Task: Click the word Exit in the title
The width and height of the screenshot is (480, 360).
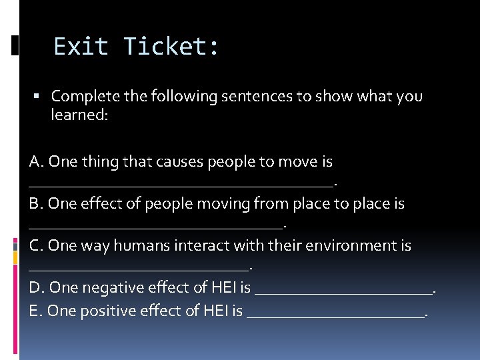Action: (80, 47)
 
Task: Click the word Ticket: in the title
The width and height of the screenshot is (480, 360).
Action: (171, 47)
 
